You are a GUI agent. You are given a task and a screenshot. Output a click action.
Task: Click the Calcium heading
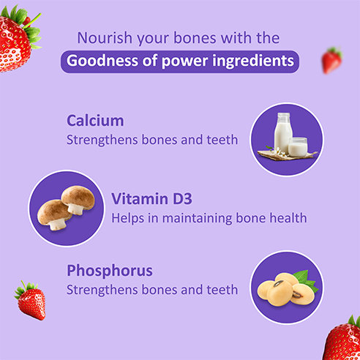pos(95,120)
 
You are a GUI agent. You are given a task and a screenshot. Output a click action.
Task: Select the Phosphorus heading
pos(110,271)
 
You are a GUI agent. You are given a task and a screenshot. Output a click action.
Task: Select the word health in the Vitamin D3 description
pos(286,217)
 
